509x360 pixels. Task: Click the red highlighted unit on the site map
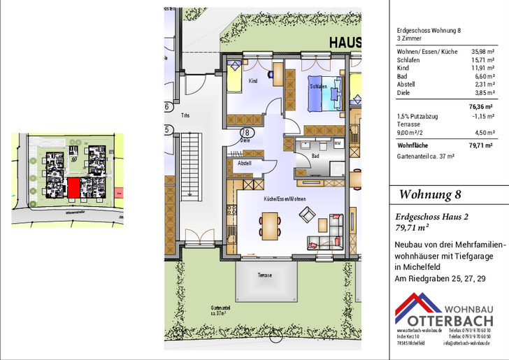pos(73,187)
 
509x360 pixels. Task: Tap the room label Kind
pos(252,81)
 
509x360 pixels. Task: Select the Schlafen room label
pos(318,86)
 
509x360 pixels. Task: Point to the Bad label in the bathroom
pos(315,156)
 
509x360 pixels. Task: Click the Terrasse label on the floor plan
pos(264,275)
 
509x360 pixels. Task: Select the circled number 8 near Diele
pos(246,131)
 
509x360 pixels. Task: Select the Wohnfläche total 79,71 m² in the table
pos(480,145)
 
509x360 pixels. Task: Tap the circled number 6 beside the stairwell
pos(167,107)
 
